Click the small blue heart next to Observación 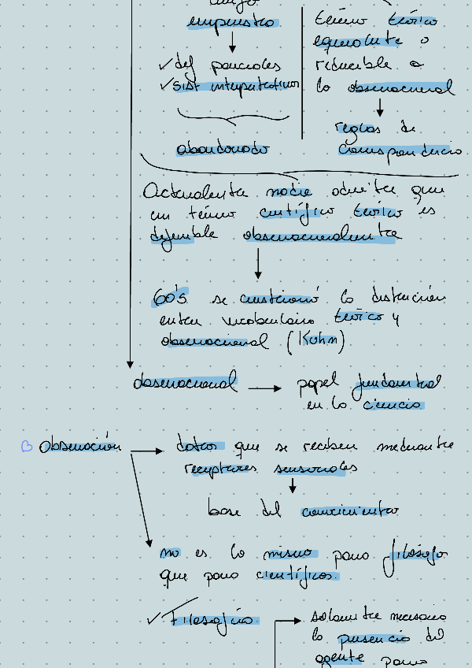[x=27, y=447]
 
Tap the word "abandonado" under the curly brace [x=223, y=148]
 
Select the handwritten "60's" [x=170, y=299]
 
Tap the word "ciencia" [x=393, y=406]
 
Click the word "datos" [x=200, y=447]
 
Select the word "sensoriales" [x=316, y=468]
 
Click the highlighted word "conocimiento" [x=349, y=511]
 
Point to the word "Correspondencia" [x=400, y=149]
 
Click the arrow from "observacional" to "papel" [x=264, y=388]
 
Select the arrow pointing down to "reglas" [x=380, y=106]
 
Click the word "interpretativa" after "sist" [x=255, y=85]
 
